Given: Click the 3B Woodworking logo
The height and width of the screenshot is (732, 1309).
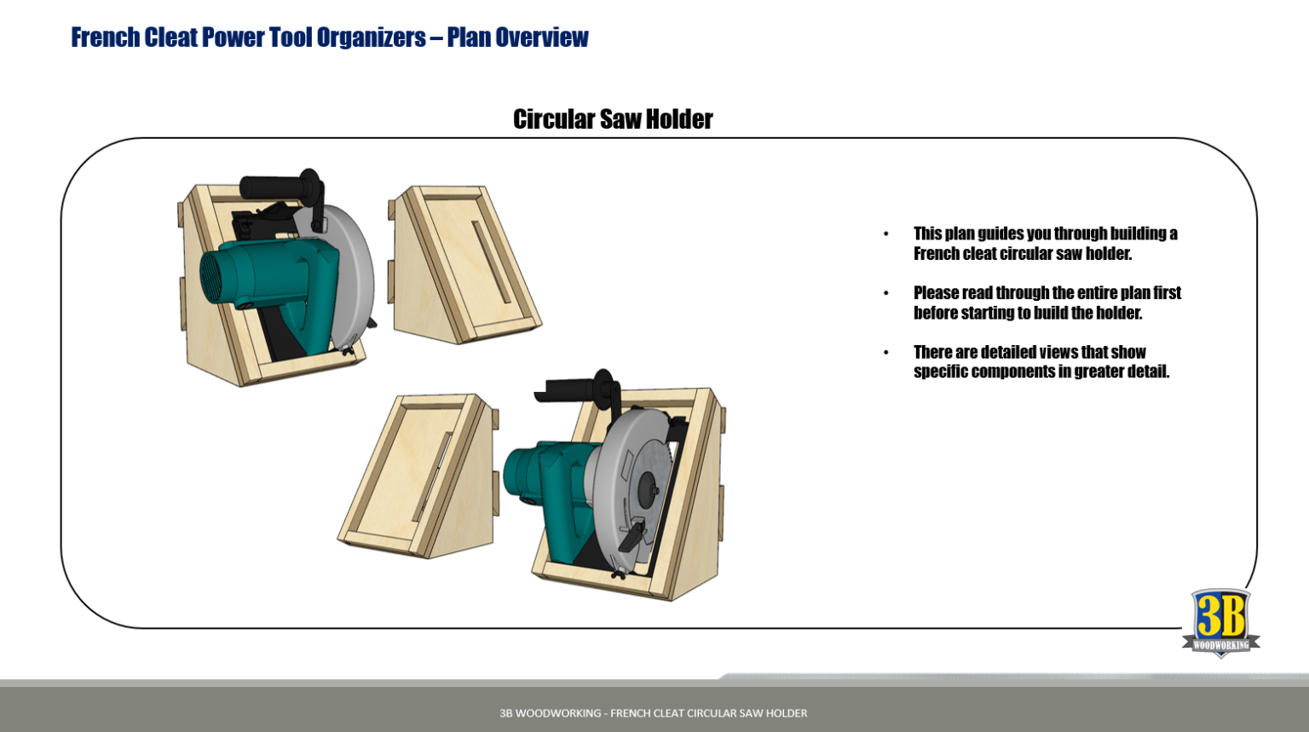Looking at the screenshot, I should click(x=1220, y=623).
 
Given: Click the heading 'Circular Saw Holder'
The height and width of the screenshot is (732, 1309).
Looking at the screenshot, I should click(x=613, y=119).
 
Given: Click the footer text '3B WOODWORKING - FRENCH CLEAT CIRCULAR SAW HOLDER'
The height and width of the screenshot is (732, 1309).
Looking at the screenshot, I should click(x=653, y=713).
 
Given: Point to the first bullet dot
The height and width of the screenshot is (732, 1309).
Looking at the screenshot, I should click(x=886, y=233).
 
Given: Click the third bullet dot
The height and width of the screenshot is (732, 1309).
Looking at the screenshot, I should click(x=886, y=352).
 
